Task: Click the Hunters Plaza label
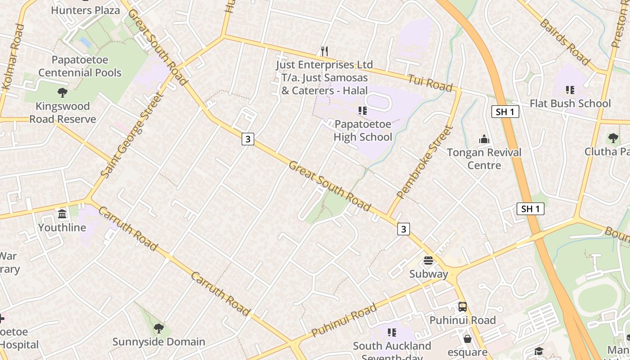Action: pos(85,10)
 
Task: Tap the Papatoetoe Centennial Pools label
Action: pos(80,66)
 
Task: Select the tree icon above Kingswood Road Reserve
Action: pos(63,93)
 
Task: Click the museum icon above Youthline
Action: pos(62,213)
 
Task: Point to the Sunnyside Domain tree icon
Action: pos(158,328)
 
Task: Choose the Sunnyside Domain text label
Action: pos(158,342)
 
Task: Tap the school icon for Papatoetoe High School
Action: pos(363,110)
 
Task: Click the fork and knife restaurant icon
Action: pos(324,51)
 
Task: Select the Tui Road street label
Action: pos(430,83)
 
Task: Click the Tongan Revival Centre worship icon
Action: pos(484,139)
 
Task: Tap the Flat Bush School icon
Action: pos(570,90)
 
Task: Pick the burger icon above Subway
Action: pos(428,261)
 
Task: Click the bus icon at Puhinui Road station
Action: pos(462,307)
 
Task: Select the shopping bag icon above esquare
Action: pos(468,339)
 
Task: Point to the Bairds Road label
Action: pos(564,42)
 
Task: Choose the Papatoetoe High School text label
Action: pos(363,130)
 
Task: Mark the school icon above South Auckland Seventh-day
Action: pos(392,333)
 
